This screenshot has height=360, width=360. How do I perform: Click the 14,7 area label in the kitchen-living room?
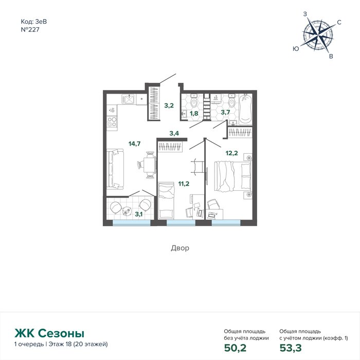point(134,144)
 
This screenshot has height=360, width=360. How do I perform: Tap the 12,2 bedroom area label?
point(231,153)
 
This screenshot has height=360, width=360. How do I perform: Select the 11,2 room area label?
point(184,184)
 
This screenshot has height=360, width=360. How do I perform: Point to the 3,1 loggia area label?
point(139,214)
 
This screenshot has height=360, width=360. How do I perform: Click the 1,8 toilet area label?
point(194,113)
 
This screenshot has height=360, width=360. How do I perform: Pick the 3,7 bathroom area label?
point(225,112)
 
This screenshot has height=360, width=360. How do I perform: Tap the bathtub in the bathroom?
point(245,109)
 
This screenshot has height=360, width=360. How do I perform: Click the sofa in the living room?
point(115,169)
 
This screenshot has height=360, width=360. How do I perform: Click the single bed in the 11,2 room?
point(166,201)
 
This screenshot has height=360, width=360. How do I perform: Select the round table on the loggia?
point(127,211)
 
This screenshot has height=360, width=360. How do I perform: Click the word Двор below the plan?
point(180,248)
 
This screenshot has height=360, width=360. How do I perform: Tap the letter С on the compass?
point(339,22)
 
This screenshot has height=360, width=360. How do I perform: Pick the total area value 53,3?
point(291,348)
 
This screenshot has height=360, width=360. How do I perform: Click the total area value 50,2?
point(235,348)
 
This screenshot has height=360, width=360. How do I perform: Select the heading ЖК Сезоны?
point(49,333)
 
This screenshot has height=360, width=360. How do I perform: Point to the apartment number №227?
point(30,30)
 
